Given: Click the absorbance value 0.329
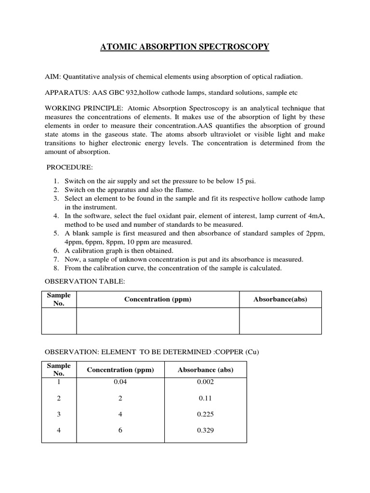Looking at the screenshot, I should click(x=206, y=430).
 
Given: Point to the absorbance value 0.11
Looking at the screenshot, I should click(x=206, y=399).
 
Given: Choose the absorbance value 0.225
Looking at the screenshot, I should click(x=206, y=415).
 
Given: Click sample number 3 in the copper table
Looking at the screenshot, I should click(x=59, y=415).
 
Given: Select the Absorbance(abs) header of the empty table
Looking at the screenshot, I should click(x=280, y=299).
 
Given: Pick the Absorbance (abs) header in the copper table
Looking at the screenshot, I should click(x=206, y=370).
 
